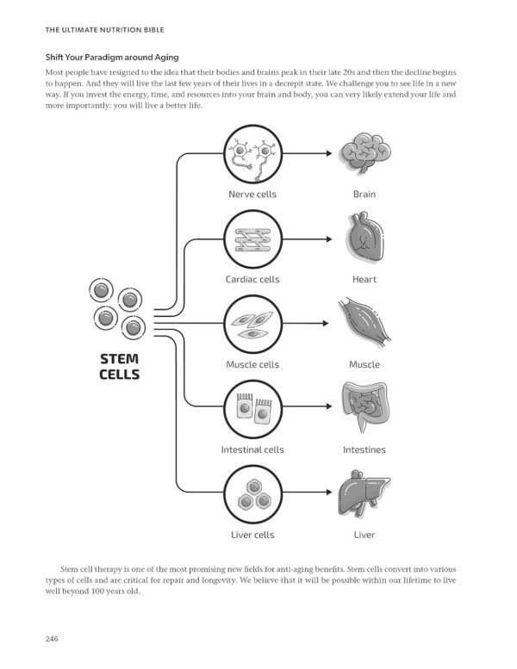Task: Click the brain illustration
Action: pyautogui.click(x=365, y=152)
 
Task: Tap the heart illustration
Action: pyautogui.click(x=364, y=237)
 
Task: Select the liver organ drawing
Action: pyautogui.click(x=364, y=492)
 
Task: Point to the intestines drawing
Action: pyautogui.click(x=365, y=406)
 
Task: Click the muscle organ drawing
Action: pyautogui.click(x=364, y=323)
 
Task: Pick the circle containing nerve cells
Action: pyautogui.click(x=253, y=153)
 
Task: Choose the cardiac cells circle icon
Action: pyautogui.click(x=253, y=239)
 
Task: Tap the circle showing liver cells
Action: pyautogui.click(x=253, y=494)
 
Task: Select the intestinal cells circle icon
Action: pyautogui.click(x=253, y=409)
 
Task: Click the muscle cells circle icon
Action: pyautogui.click(x=253, y=324)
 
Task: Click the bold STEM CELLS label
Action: pyautogui.click(x=120, y=367)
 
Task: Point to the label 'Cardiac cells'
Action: pyautogui.click(x=252, y=280)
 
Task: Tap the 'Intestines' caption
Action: pyautogui.click(x=364, y=449)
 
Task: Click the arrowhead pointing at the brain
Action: pyautogui.click(x=329, y=153)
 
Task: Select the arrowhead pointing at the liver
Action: pyautogui.click(x=329, y=492)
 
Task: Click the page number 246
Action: pyautogui.click(x=52, y=639)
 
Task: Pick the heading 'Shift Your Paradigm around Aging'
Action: pyautogui.click(x=112, y=57)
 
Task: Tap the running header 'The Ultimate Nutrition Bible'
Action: pyautogui.click(x=104, y=30)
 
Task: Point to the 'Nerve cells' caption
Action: pyautogui.click(x=252, y=194)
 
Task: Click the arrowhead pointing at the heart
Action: pyautogui.click(x=329, y=239)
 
